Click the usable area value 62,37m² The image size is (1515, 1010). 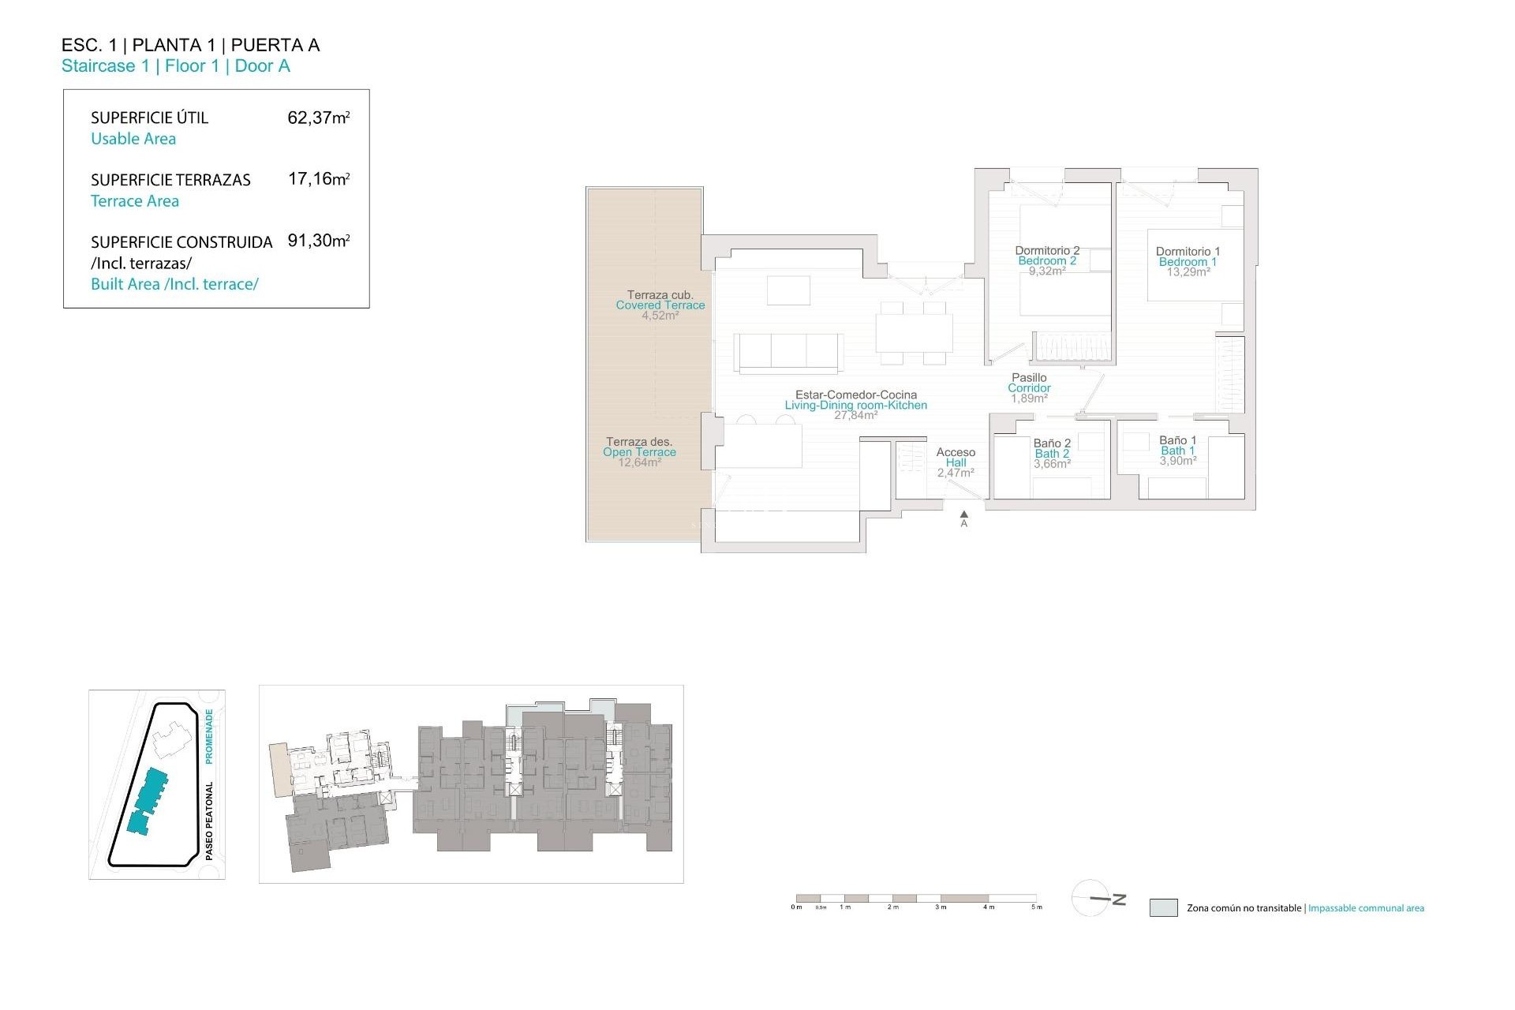pos(318,118)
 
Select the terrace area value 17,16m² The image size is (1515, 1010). pos(318,179)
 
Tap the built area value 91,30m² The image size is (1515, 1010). pos(318,241)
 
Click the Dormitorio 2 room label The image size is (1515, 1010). pos(1047,251)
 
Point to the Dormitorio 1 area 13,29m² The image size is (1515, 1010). pos(1188,272)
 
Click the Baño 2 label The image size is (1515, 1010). pos(1052,443)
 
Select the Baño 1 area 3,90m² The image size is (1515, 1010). pos(1177,461)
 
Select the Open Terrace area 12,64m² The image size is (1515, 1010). pos(639,462)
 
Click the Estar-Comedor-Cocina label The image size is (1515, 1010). pos(856,395)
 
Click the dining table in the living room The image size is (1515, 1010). pos(914,332)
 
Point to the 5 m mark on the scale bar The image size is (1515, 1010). pos(1037,907)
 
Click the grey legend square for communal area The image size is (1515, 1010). pos(1163,907)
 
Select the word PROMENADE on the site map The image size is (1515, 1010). pos(209,735)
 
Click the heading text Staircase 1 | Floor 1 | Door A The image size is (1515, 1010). pos(176,66)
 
